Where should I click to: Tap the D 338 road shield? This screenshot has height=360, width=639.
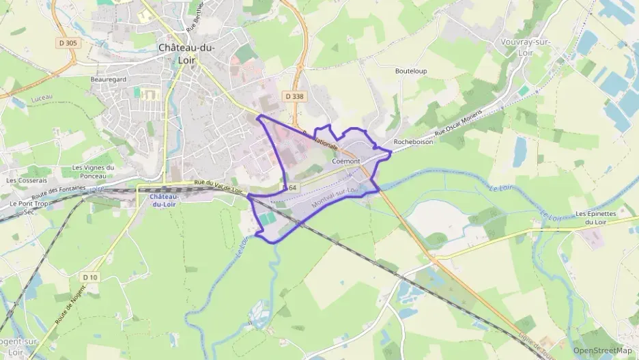coord(294,96)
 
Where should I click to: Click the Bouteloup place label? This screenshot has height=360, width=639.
coord(411,70)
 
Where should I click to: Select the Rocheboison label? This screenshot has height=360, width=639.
coord(413,142)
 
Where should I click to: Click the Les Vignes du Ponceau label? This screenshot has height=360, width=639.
coord(92,171)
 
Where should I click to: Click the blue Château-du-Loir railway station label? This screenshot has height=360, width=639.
coord(162,201)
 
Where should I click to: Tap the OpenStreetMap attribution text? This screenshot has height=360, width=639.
coord(603,351)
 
